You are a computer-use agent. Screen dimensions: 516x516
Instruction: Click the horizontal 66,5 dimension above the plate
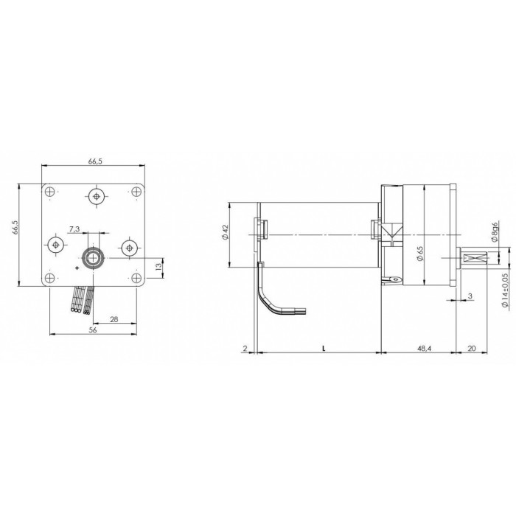point(95,161)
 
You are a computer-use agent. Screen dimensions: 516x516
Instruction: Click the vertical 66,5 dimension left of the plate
point(15,227)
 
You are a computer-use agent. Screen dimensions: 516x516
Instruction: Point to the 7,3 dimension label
point(74,229)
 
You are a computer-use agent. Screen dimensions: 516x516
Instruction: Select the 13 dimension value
point(159,267)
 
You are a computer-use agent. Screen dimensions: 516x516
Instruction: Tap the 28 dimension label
point(114,319)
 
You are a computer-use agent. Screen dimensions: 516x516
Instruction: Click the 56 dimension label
point(93,330)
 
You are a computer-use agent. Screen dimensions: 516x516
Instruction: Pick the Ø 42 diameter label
point(225,233)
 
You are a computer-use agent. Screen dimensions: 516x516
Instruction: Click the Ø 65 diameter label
point(420,254)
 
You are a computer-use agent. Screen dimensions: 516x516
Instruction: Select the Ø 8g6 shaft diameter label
point(495,232)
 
